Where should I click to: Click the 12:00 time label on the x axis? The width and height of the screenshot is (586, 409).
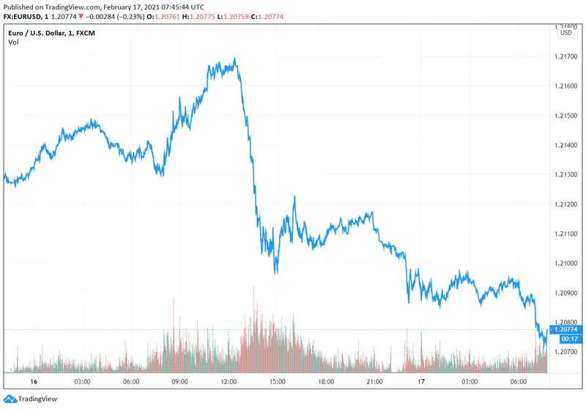(229, 382)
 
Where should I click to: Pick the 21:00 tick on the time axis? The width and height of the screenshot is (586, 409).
(374, 382)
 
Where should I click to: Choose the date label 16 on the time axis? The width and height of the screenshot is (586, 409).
(33, 382)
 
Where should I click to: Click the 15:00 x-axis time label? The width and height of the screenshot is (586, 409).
(277, 382)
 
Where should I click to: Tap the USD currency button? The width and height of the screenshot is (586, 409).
(566, 32)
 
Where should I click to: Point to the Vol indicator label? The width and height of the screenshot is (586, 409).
(13, 42)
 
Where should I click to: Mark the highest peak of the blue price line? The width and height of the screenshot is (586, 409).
(234, 59)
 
